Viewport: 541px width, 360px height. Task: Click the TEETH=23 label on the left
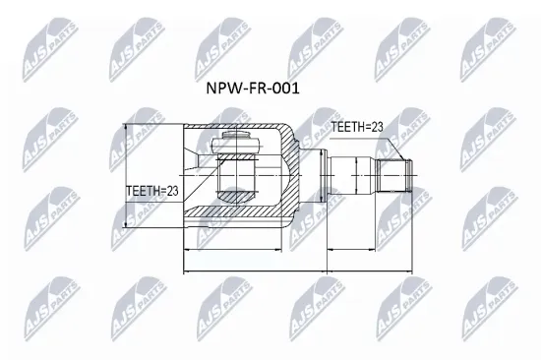point(153,191)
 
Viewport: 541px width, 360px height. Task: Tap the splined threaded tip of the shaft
point(395,174)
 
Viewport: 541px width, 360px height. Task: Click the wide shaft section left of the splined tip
point(352,174)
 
